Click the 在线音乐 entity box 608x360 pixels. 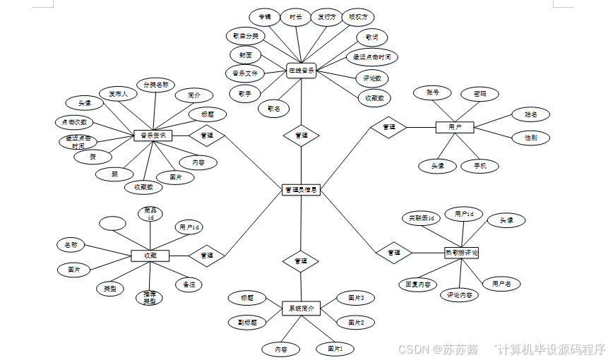click(301, 71)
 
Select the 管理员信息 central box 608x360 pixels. click(301, 190)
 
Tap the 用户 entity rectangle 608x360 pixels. click(454, 127)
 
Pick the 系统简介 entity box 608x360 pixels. click(302, 308)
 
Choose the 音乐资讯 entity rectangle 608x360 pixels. click(153, 135)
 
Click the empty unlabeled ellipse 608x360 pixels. click(112, 223)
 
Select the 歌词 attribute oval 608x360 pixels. click(371, 37)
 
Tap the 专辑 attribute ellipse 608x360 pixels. click(264, 16)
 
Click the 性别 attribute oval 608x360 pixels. click(530, 138)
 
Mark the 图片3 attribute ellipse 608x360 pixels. click(355, 298)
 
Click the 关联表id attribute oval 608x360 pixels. click(421, 218)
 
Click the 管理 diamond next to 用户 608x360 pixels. click(388, 127)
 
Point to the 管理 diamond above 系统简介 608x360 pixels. click(301, 260)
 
